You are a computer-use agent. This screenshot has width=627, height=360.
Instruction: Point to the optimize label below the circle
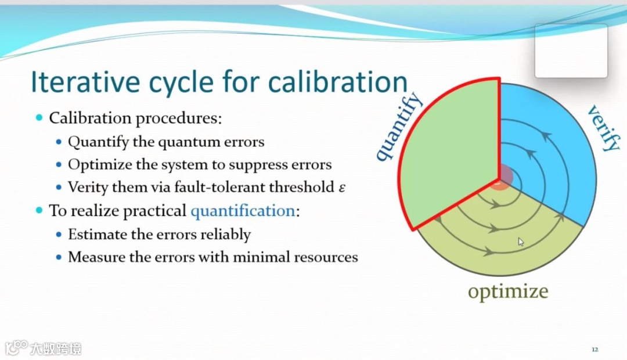[507, 291]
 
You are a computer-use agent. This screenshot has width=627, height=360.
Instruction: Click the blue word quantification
[243, 211]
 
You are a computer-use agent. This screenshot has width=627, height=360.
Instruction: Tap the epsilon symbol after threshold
[342, 188]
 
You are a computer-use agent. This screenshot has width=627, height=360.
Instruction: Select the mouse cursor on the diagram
[521, 242]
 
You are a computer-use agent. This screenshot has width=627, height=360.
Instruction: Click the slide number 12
[594, 350]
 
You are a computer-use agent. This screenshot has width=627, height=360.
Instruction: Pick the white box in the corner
[571, 51]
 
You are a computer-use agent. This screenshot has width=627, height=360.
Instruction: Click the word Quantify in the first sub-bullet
[93, 142]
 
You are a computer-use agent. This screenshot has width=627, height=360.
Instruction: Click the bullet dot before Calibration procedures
[39, 118]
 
